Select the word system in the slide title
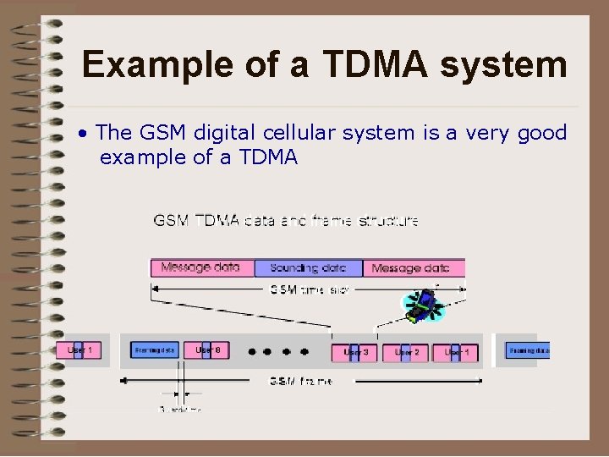point(511,65)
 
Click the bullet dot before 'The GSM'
point(82,134)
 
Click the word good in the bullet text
point(539,132)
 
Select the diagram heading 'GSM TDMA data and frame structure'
point(285,221)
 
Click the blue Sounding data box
point(308,267)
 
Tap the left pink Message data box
point(201,267)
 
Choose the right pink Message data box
point(414,267)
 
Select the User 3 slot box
point(355,351)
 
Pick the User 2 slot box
point(406,351)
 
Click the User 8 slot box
point(208,350)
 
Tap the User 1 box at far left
point(80,350)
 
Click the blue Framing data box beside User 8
point(154,350)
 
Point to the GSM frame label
point(301,381)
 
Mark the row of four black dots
point(279,350)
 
